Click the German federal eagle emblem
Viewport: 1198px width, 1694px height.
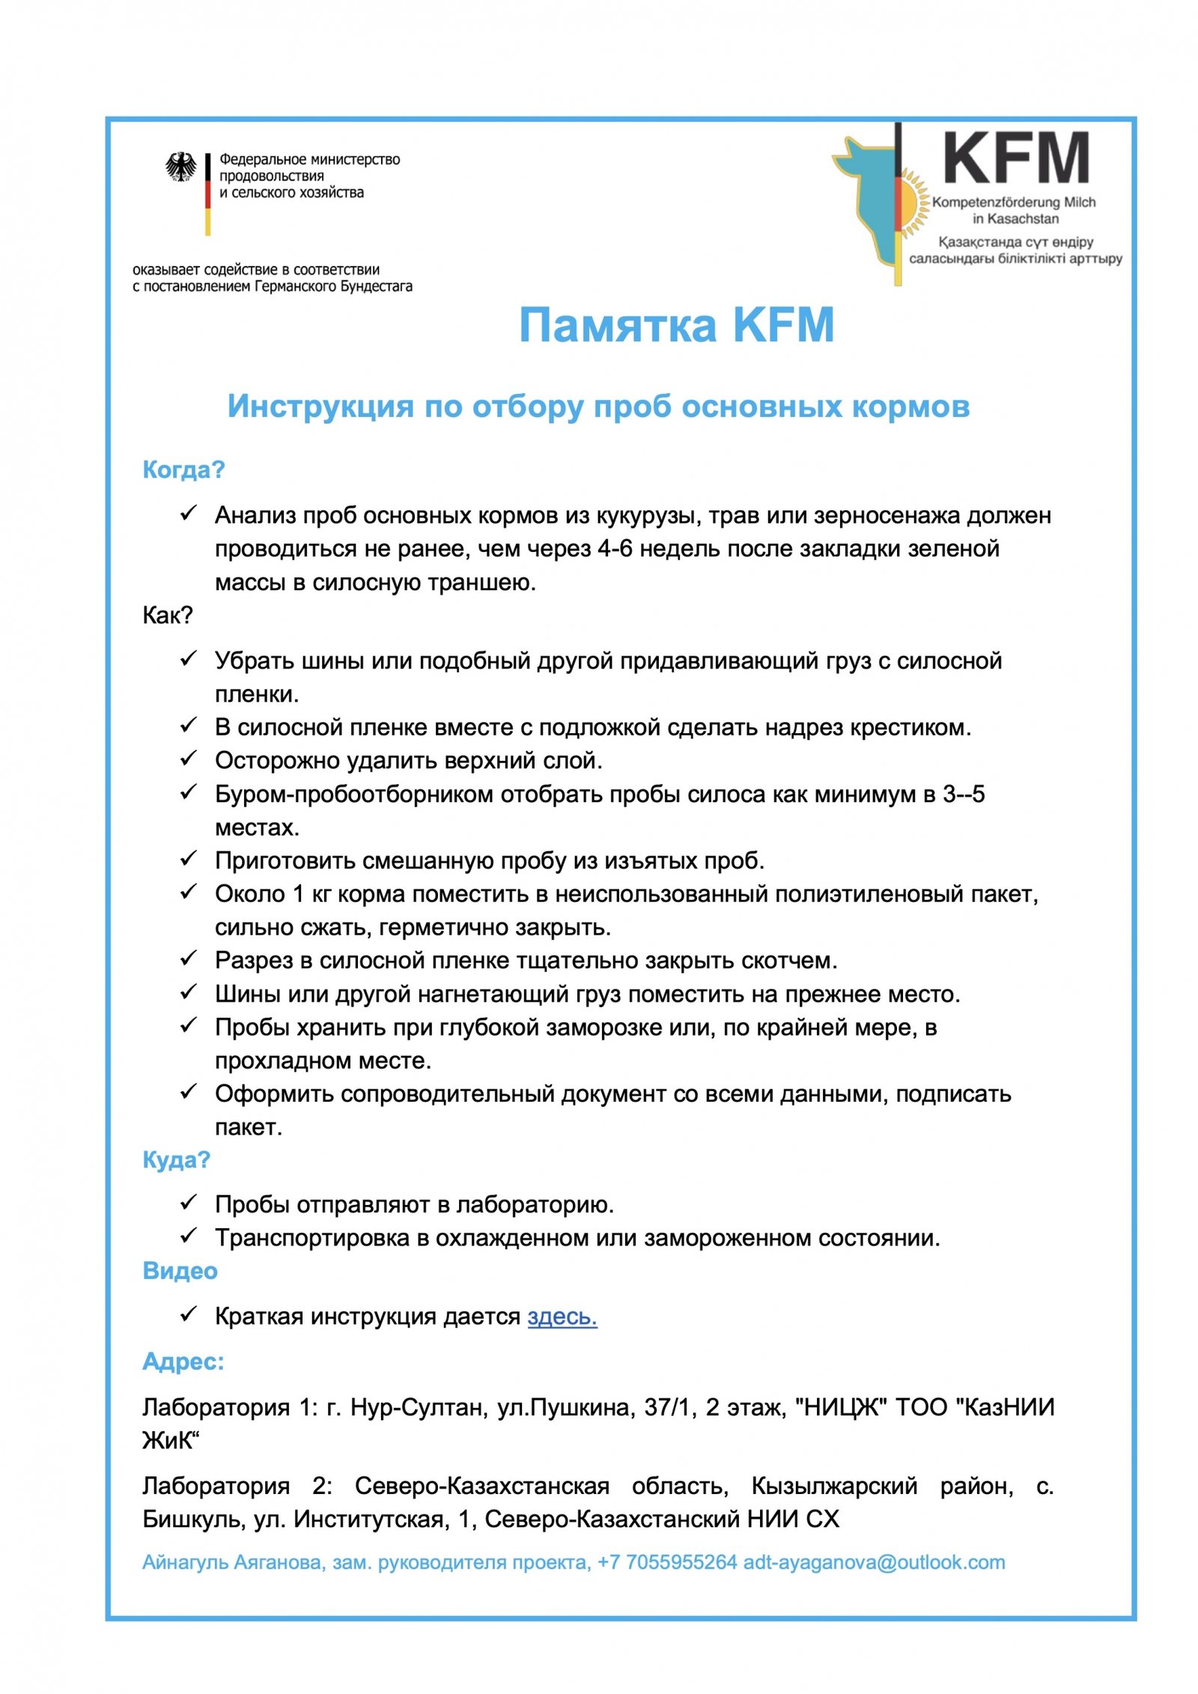click(180, 167)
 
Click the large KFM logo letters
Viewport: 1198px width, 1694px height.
click(1015, 158)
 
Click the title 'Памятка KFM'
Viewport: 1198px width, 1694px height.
click(676, 325)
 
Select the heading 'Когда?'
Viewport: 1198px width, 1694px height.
click(183, 470)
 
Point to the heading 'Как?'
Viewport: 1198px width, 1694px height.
click(168, 615)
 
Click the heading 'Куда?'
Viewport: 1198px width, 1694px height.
click(176, 1159)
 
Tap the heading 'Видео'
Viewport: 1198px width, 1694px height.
click(180, 1271)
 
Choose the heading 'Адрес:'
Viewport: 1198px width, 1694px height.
click(183, 1361)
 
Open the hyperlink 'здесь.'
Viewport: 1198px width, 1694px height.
click(562, 1316)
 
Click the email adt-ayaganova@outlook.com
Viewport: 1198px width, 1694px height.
click(874, 1561)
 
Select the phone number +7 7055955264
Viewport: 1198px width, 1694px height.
click(667, 1561)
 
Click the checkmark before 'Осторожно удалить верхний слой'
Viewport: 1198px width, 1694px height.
click(188, 759)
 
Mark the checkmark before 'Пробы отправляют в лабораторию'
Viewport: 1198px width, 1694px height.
click(188, 1203)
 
